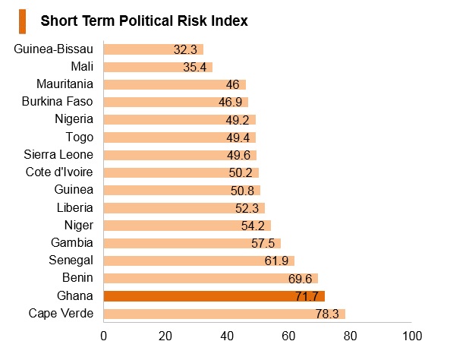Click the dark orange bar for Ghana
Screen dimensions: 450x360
214,296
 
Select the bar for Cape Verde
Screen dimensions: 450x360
225,314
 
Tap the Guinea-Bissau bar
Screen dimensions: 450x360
153,49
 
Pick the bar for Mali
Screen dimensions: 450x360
158,67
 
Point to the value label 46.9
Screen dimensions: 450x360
230,102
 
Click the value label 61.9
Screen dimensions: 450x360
276,261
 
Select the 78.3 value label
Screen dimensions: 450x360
327,314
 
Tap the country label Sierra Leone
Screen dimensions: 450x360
58,155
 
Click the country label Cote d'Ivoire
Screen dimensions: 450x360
59,172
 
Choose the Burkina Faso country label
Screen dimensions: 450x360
58,102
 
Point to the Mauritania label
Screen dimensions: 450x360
65,84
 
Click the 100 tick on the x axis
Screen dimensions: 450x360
412,336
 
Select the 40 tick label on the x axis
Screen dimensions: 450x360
227,336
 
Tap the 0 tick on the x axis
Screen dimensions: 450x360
104,336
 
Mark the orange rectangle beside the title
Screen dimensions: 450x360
22,21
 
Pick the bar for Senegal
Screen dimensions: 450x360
199,261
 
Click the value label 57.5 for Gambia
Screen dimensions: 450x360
263,243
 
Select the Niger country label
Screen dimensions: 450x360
79,226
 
